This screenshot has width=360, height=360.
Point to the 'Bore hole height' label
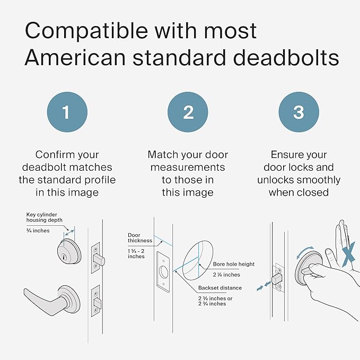click(x=234, y=264)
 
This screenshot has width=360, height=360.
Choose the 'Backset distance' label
click(x=220, y=288)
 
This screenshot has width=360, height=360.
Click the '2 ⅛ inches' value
click(x=226, y=275)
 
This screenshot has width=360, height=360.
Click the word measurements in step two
click(x=188, y=168)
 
